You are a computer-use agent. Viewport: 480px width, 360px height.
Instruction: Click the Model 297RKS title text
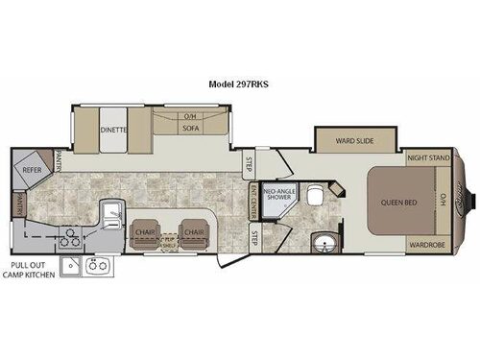239,84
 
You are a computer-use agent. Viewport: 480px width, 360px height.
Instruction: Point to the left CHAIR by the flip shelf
144,232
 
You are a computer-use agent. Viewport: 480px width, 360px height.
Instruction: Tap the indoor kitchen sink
110,212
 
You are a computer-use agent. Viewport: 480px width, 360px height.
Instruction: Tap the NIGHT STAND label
428,156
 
